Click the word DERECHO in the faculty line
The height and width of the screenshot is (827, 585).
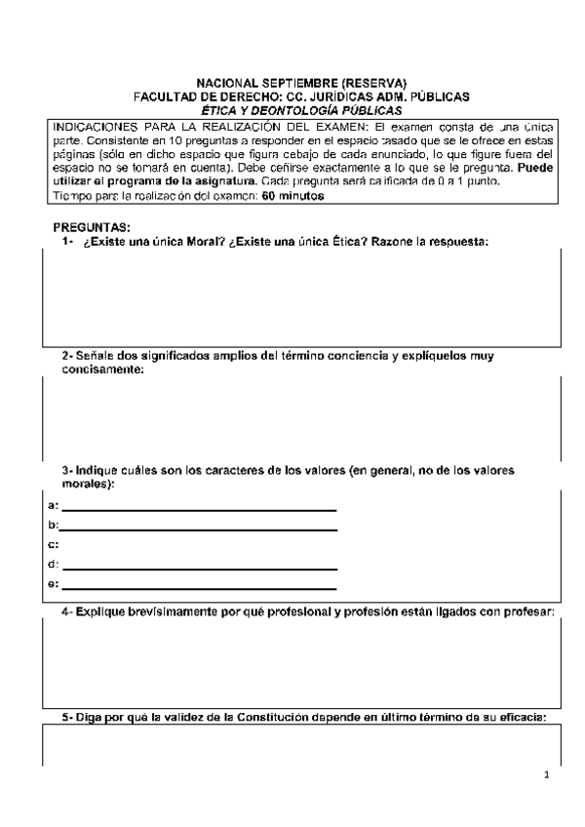tap(248, 97)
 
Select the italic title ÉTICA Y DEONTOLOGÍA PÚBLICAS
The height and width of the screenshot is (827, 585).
tap(301, 110)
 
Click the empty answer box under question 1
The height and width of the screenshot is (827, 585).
tap(301, 297)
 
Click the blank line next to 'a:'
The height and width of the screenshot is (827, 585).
tap(200, 507)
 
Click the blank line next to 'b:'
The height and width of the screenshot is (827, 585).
tap(200, 528)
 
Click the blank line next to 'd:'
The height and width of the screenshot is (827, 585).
tap(200, 567)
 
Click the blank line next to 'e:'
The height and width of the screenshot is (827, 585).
tap(200, 587)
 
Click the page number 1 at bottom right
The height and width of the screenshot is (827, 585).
tap(547, 775)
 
